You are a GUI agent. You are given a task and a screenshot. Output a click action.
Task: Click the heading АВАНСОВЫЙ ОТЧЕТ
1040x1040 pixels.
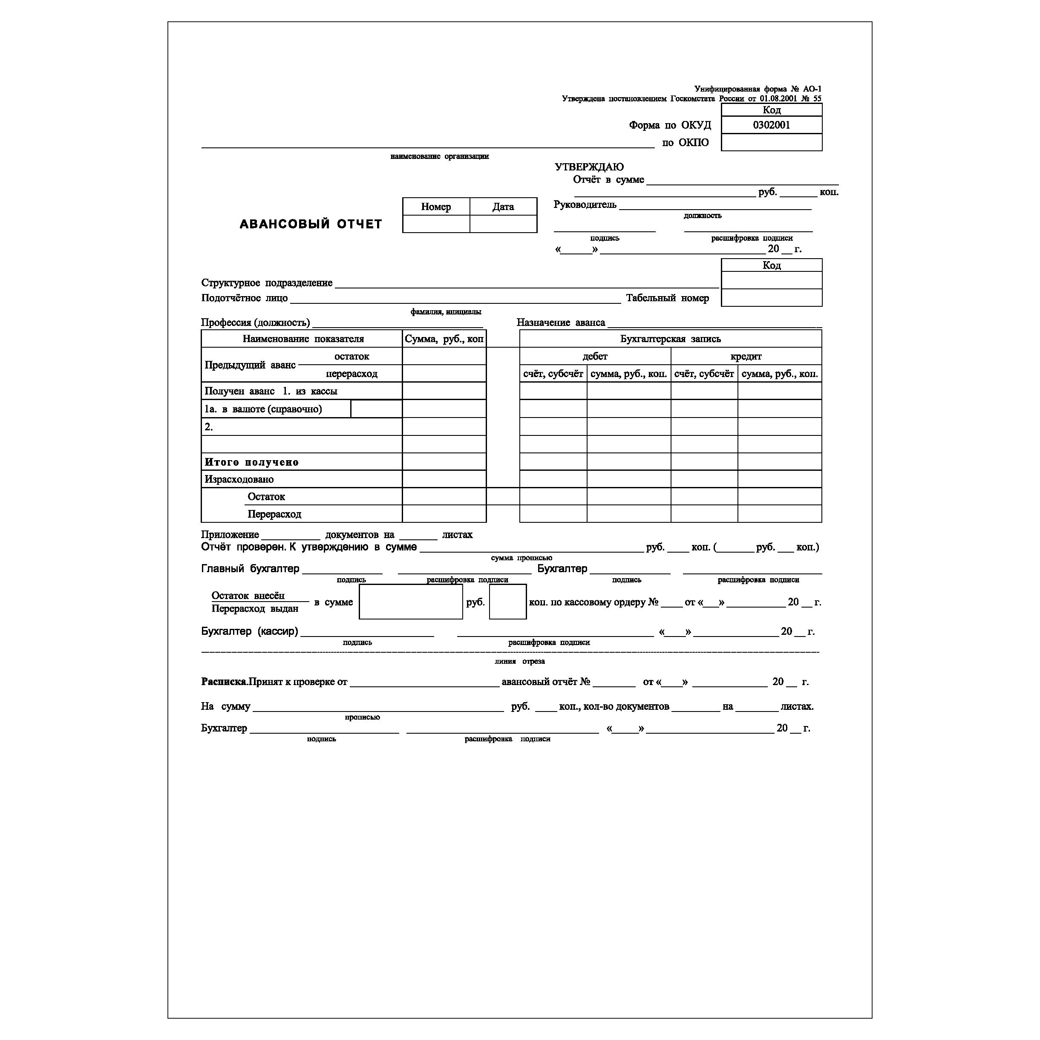[311, 224]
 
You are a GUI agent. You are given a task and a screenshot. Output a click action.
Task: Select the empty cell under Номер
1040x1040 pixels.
[435, 224]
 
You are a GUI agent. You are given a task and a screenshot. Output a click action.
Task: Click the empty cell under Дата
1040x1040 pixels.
[503, 224]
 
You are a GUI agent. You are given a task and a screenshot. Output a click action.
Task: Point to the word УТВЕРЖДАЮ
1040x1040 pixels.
[589, 167]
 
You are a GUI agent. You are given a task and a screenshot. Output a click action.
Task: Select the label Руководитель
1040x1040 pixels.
[585, 205]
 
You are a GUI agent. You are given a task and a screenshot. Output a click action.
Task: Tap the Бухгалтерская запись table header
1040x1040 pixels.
[670, 339]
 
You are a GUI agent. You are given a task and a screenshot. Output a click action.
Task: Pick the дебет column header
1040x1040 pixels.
[595, 356]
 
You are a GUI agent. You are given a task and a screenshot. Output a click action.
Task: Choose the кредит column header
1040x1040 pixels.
[746, 356]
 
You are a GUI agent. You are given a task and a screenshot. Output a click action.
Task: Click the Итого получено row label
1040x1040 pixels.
[251, 462]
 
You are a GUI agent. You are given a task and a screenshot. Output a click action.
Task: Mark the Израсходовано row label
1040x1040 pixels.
[239, 479]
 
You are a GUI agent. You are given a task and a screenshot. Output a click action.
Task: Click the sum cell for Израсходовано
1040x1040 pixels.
[444, 479]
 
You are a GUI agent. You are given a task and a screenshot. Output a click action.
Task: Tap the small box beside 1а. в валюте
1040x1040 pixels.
[376, 409]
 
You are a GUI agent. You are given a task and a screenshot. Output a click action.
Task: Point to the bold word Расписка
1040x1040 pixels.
[223, 682]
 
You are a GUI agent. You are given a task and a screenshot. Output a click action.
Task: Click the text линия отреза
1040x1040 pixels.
[519, 661]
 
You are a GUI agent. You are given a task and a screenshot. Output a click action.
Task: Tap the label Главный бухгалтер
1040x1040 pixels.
[251, 568]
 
